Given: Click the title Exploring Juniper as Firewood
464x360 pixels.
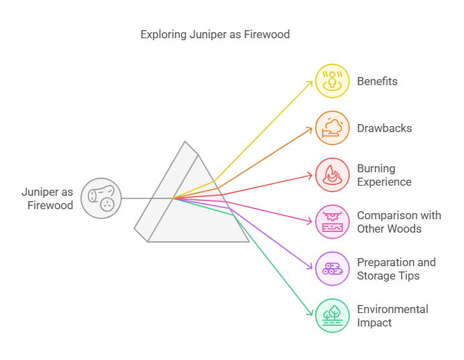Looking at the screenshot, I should pyautogui.click(x=215, y=34).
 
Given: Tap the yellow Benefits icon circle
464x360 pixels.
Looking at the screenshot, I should pyautogui.click(x=333, y=81).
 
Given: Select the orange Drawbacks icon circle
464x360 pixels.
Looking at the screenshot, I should pyautogui.click(x=333, y=128).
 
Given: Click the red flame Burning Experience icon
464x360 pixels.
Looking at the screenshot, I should pyautogui.click(x=333, y=175).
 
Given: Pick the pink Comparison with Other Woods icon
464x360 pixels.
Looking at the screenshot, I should pyautogui.click(x=333, y=222).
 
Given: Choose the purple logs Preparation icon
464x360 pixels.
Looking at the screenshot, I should pyautogui.click(x=333, y=269).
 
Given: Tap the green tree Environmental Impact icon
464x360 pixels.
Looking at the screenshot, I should pyautogui.click(x=333, y=316).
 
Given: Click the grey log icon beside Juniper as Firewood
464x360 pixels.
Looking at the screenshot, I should pyautogui.click(x=101, y=198).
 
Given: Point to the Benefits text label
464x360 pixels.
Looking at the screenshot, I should pyautogui.click(x=377, y=81).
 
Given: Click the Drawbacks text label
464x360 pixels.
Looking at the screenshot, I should pyautogui.click(x=384, y=128).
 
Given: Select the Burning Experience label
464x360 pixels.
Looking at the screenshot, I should pyautogui.click(x=384, y=175).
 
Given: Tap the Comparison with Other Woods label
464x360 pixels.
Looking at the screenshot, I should pyautogui.click(x=398, y=222).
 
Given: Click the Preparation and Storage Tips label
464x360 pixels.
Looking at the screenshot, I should pyautogui.click(x=396, y=269).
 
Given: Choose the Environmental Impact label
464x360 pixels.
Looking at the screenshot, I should pyautogui.click(x=392, y=316).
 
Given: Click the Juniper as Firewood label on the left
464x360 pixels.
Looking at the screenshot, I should pyautogui.click(x=47, y=198).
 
